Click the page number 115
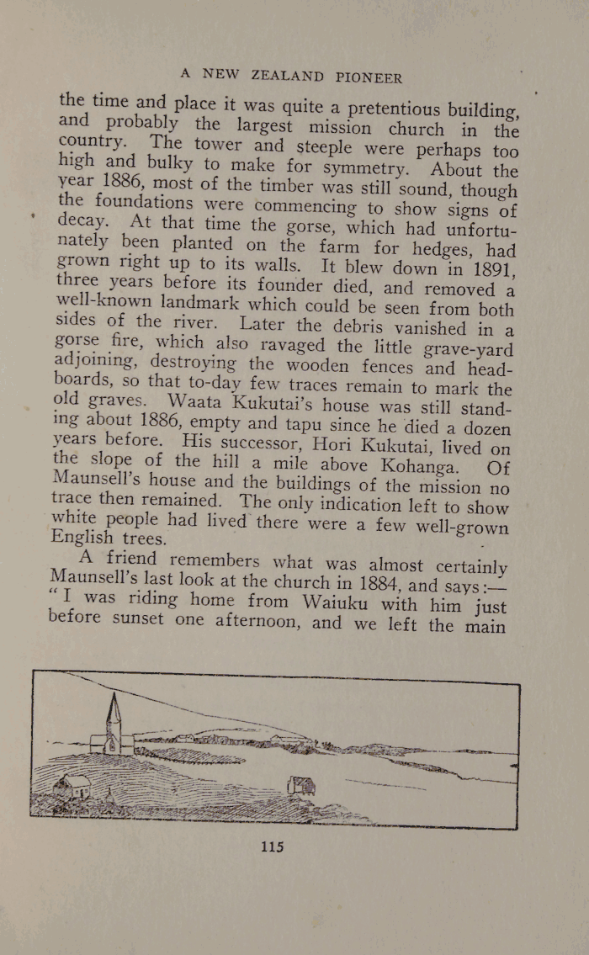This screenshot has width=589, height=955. coord(272,846)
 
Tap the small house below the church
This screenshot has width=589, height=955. coord(74,785)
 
